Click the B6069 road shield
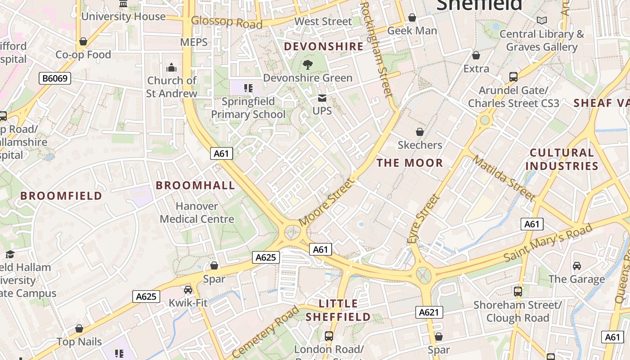[55, 79]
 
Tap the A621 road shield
[429, 312]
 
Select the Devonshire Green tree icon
[308, 65]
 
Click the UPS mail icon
[322, 98]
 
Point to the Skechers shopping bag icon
[420, 132]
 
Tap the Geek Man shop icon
[412, 18]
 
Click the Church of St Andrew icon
[171, 68]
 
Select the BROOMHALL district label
[195, 185]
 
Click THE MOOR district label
[409, 163]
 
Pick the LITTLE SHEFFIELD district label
[338, 310]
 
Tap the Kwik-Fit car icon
[188, 290]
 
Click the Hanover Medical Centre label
[197, 213]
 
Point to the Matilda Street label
[504, 178]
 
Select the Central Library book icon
[542, 21]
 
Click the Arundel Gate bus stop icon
[513, 77]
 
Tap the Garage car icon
[577, 266]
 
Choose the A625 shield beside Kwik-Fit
[146, 297]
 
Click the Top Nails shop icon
[79, 329]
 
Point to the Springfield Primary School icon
[248, 88]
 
